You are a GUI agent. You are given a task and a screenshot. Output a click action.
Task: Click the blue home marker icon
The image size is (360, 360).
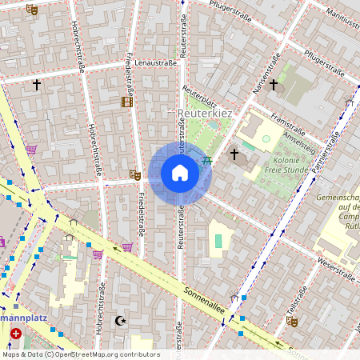(x=180, y=173)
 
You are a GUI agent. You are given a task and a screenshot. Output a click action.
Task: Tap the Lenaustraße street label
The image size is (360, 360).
(x=155, y=62)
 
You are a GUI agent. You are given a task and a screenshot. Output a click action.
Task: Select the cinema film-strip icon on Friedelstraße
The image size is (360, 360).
(x=126, y=102)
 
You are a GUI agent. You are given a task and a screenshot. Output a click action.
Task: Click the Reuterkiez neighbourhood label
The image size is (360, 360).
(x=204, y=114)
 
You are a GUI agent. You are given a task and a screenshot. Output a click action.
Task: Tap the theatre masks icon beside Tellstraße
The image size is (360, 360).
(x=293, y=320)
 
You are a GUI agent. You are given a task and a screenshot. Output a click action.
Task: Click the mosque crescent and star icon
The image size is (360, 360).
(x=122, y=321)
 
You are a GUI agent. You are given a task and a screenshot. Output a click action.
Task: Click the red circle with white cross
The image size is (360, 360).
(x=16, y=332)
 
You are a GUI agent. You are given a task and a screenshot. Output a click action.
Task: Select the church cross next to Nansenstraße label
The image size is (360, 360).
(x=274, y=84)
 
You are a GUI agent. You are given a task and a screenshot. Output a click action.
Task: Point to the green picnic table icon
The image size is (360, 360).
(x=207, y=160)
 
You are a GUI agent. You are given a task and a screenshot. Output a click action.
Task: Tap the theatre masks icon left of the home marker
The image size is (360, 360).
(x=134, y=174)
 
